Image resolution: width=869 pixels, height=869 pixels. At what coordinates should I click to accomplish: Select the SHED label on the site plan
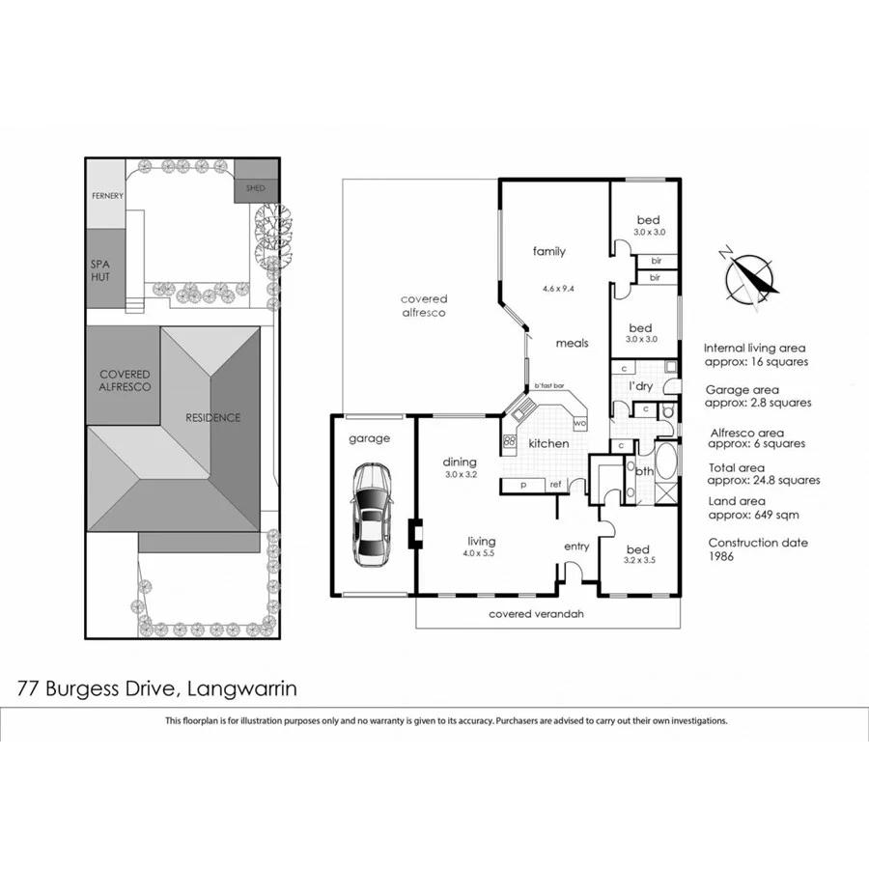tap(255, 189)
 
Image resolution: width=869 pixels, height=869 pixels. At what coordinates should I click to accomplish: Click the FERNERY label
tap(107, 196)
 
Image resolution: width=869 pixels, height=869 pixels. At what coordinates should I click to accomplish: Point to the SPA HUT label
tap(100, 269)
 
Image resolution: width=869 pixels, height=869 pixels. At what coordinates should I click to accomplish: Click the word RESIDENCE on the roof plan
tap(212, 418)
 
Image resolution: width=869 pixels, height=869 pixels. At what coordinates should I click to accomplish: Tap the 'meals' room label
tap(572, 343)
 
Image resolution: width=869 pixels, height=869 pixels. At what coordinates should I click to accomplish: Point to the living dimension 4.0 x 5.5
tap(481, 556)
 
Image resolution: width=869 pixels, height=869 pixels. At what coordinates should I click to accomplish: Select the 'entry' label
tap(576, 547)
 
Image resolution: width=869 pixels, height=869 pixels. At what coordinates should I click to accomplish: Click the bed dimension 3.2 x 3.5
tap(639, 560)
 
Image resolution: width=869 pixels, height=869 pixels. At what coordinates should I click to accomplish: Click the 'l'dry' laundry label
tap(642, 385)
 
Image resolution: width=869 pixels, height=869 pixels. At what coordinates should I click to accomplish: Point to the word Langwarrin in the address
tap(240, 688)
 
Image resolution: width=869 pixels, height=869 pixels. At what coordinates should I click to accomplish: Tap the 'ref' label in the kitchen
tap(556, 485)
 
